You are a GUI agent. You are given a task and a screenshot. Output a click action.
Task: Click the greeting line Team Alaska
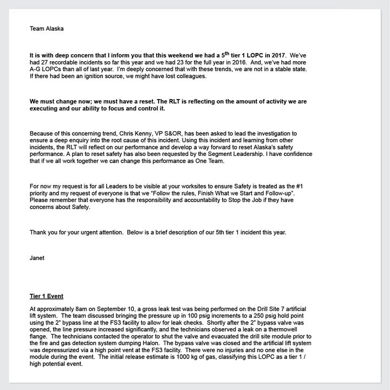(47, 29)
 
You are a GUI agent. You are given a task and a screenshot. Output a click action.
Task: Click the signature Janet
(37, 258)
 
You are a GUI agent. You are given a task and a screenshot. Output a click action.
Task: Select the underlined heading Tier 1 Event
(47, 296)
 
